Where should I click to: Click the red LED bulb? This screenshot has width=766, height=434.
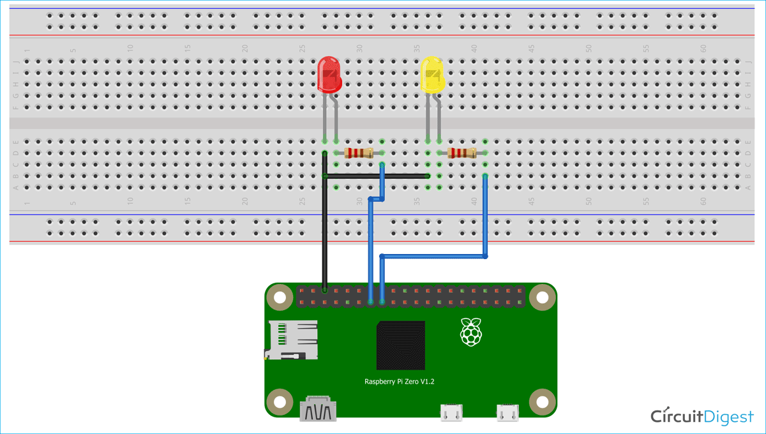coord(329,73)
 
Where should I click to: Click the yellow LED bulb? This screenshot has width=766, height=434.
coord(432,75)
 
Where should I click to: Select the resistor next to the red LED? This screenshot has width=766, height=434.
coord(359,153)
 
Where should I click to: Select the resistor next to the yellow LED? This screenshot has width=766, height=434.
coord(462,153)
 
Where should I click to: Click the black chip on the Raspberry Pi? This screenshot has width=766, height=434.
coord(400,345)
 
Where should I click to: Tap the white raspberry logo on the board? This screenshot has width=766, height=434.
coord(470,331)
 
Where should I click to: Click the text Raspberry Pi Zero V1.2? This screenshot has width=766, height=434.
coord(400,381)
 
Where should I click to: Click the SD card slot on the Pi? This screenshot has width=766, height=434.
coord(292,340)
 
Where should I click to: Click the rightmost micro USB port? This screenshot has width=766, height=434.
coord(509,413)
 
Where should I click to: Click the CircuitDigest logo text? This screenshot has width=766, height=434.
coord(702,417)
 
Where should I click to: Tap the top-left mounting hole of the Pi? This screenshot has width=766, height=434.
coord(279,297)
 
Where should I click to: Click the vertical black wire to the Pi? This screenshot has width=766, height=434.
coord(325,236)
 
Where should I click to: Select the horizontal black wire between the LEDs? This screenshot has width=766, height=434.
coord(377,176)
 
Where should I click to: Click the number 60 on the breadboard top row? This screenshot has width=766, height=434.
coord(703,49)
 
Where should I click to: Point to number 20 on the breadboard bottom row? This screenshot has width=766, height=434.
coord(244,200)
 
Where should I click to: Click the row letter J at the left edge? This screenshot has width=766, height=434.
coord(16,62)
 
